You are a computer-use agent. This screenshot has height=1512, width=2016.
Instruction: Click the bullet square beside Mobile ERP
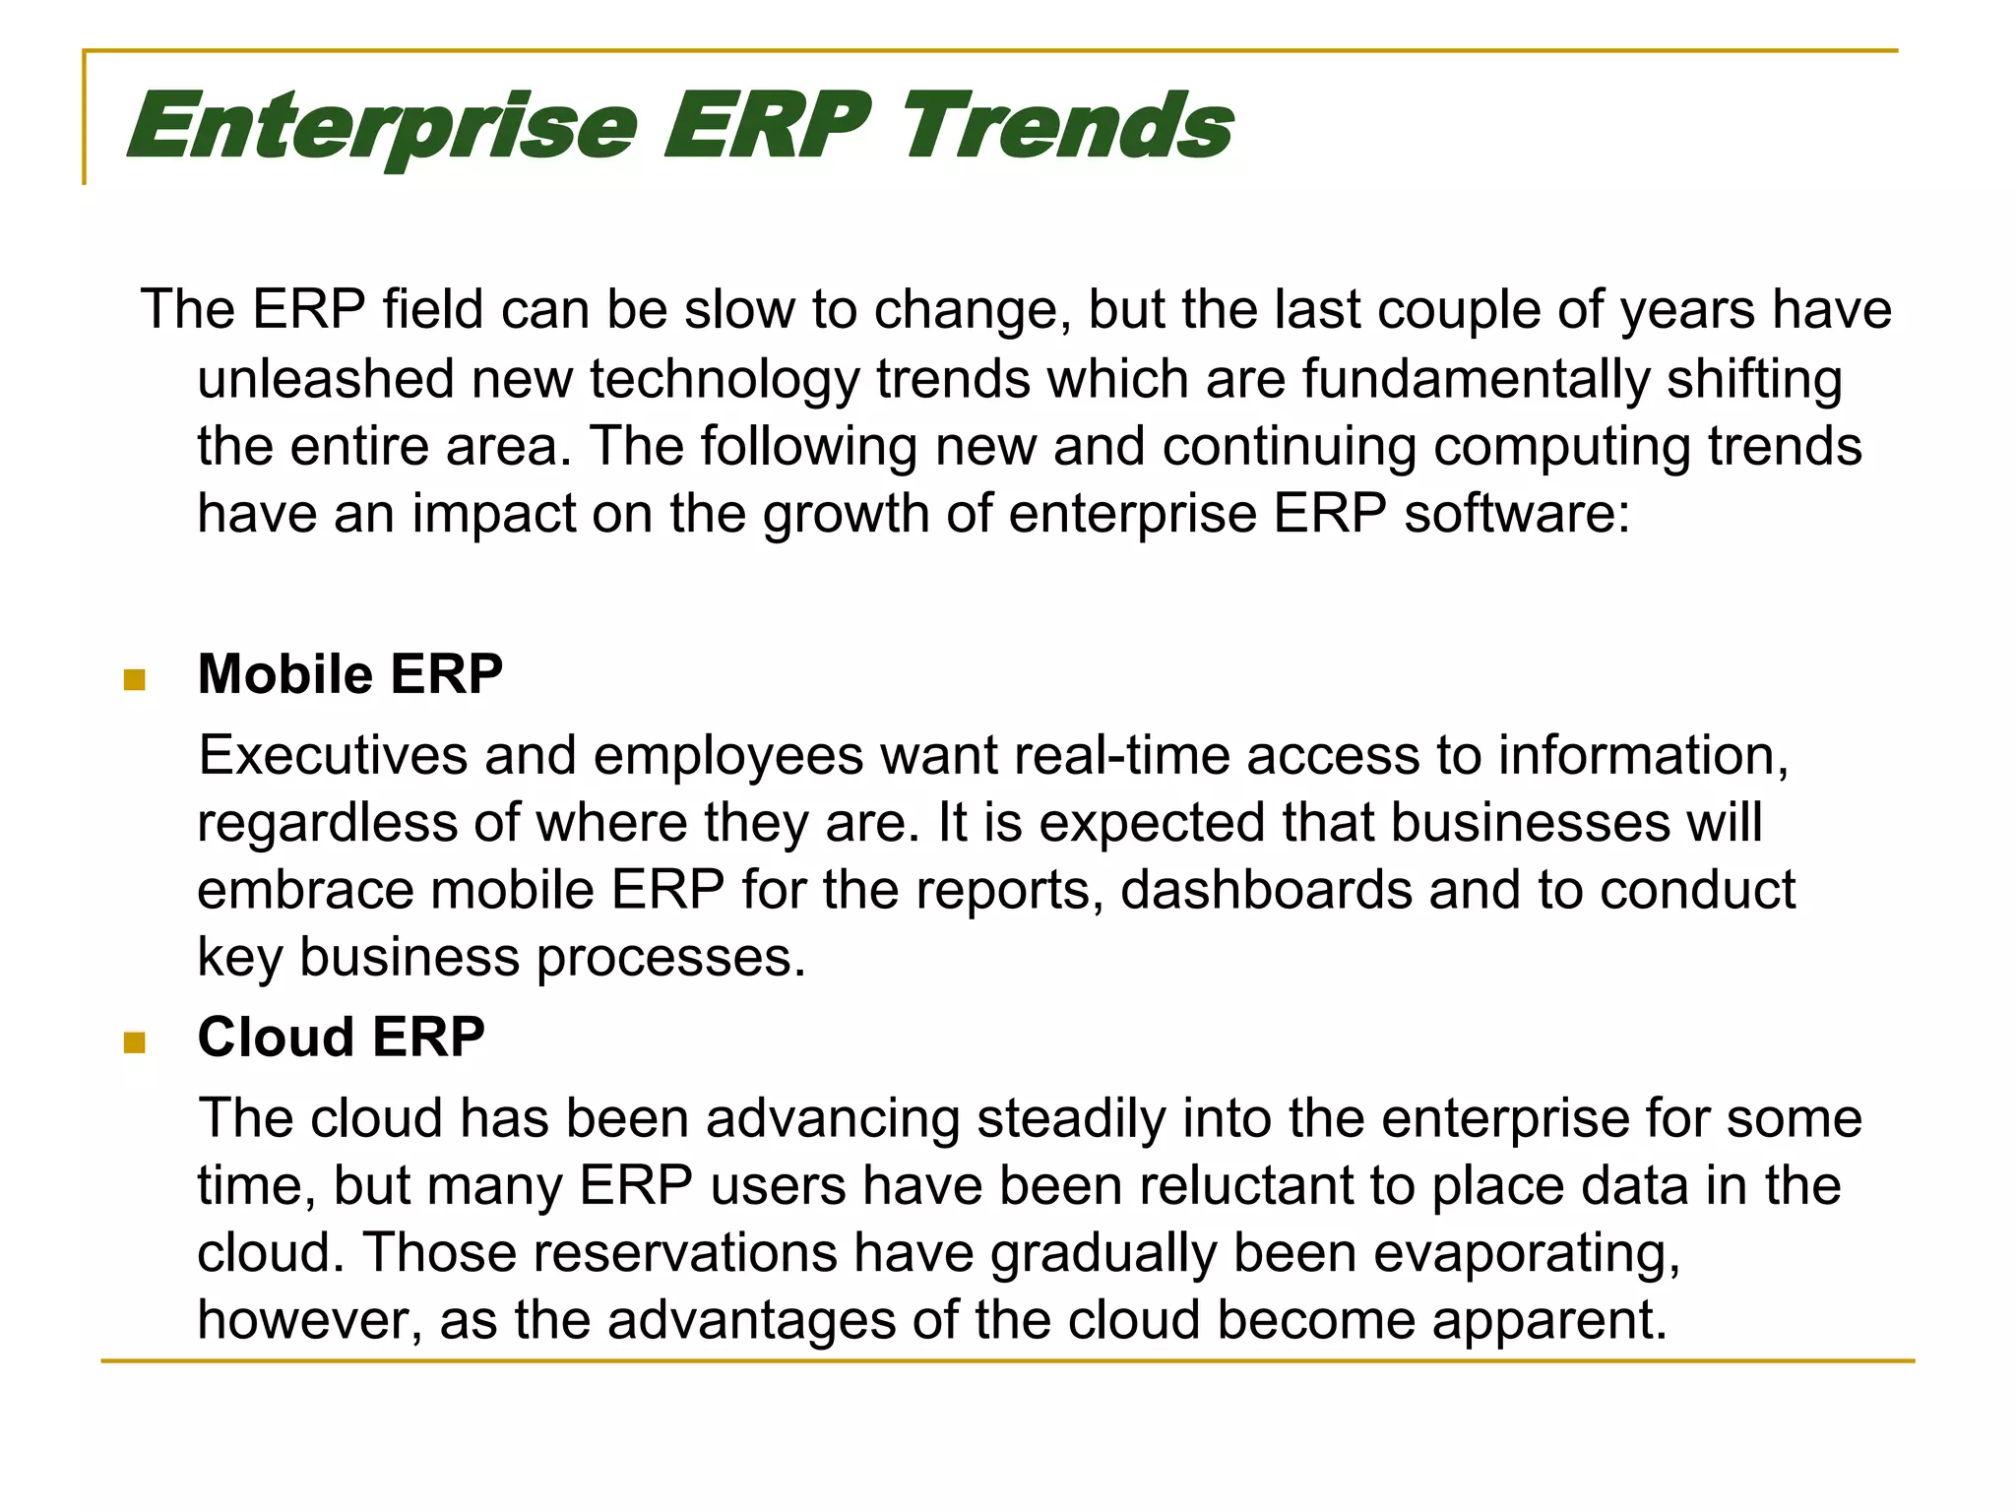pos(135,679)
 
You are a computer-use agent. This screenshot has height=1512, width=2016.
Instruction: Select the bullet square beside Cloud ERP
pos(135,1042)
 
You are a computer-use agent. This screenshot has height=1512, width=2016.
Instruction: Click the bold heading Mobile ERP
pos(350,674)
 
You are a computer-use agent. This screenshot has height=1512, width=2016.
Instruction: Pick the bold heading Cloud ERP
pos(342,1037)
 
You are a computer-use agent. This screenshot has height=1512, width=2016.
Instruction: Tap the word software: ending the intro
pos(1517,514)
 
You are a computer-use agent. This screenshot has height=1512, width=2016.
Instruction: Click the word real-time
pos(1122,755)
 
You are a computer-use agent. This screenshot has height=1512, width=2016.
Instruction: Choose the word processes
pos(671,957)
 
